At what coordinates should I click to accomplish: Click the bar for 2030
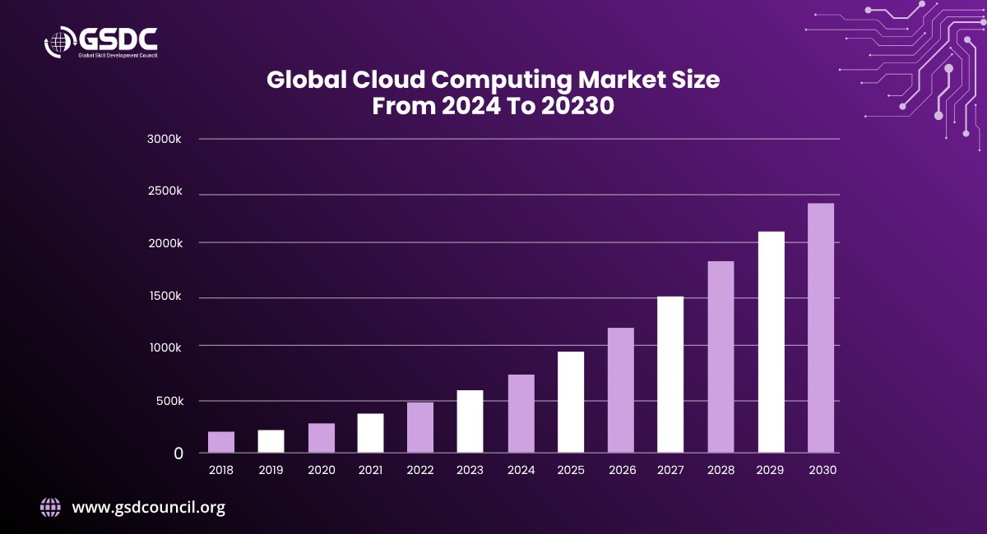click(821, 328)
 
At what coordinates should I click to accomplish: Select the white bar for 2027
click(670, 375)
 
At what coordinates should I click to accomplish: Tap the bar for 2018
click(221, 442)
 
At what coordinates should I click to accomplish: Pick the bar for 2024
click(521, 414)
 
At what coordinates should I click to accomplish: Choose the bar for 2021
click(371, 433)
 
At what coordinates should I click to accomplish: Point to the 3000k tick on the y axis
click(164, 139)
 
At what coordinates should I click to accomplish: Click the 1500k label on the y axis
click(165, 296)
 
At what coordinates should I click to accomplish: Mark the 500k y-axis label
click(169, 401)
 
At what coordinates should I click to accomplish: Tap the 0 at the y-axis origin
click(178, 453)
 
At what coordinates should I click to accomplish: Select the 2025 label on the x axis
click(571, 470)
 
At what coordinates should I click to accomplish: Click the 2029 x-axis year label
click(770, 470)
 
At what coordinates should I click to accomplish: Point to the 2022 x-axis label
click(420, 470)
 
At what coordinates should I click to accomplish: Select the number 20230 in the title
click(577, 106)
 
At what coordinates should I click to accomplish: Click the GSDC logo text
click(118, 39)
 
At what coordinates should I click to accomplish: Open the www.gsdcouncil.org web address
click(149, 508)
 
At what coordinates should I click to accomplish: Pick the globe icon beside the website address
click(51, 508)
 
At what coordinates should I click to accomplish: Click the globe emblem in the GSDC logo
click(59, 42)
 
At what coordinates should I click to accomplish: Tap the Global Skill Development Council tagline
click(118, 56)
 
